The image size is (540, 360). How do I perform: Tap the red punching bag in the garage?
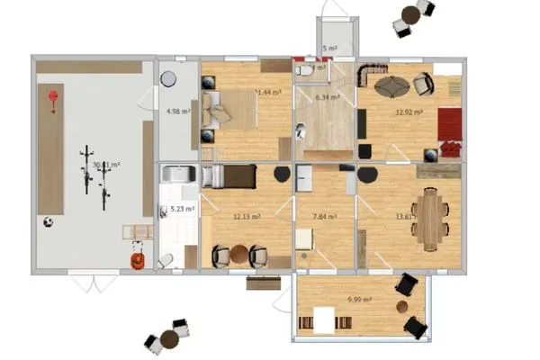[53, 97]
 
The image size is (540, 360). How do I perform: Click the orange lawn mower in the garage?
[137, 260]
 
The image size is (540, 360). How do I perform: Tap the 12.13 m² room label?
[247, 217]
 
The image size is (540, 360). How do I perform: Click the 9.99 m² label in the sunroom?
[362, 300]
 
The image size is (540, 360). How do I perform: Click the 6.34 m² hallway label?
[326, 97]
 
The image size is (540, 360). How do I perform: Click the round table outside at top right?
[411, 13]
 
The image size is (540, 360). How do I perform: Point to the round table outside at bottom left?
[169, 339]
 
